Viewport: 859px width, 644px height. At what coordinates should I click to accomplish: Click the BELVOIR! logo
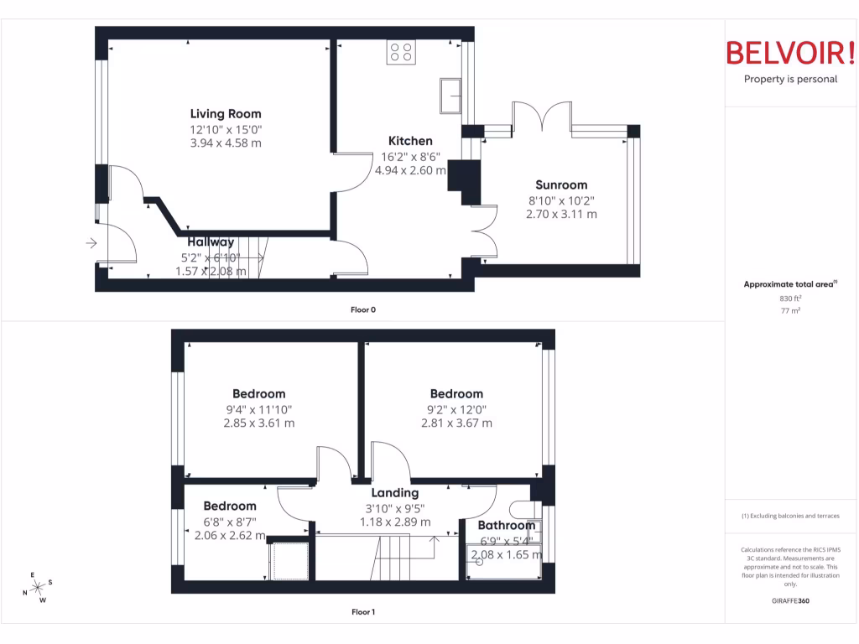click(x=789, y=53)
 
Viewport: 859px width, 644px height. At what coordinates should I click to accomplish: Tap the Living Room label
click(x=226, y=114)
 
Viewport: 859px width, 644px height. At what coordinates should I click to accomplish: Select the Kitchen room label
click(x=410, y=141)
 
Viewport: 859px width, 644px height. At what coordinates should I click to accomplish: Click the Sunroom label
click(x=561, y=185)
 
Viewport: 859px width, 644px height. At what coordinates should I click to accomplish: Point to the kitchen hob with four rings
click(x=400, y=53)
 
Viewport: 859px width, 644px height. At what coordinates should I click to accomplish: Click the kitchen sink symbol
click(x=450, y=96)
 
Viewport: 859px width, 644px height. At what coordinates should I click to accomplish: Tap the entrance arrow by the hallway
click(x=91, y=243)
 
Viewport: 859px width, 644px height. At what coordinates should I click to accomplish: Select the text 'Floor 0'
click(x=363, y=309)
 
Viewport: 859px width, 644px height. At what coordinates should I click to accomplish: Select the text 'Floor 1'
click(x=363, y=612)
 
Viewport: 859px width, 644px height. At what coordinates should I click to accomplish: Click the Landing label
click(x=395, y=493)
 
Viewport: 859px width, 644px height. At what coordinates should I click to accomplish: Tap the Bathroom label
click(x=506, y=526)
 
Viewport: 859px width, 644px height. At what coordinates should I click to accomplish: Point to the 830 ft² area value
click(x=789, y=298)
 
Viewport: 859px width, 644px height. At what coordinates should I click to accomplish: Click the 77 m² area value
click(x=789, y=310)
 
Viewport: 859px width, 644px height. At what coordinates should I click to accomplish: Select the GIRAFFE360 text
click(x=791, y=600)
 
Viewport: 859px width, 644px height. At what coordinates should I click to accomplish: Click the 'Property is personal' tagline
click(x=790, y=80)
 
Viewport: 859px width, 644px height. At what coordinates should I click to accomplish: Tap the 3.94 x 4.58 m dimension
click(x=226, y=143)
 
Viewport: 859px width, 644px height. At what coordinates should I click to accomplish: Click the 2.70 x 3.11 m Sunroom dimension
click(x=561, y=215)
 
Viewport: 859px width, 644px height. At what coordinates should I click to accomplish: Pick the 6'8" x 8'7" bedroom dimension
click(x=230, y=522)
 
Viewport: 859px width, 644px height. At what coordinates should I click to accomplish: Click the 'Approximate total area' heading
click(x=789, y=285)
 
